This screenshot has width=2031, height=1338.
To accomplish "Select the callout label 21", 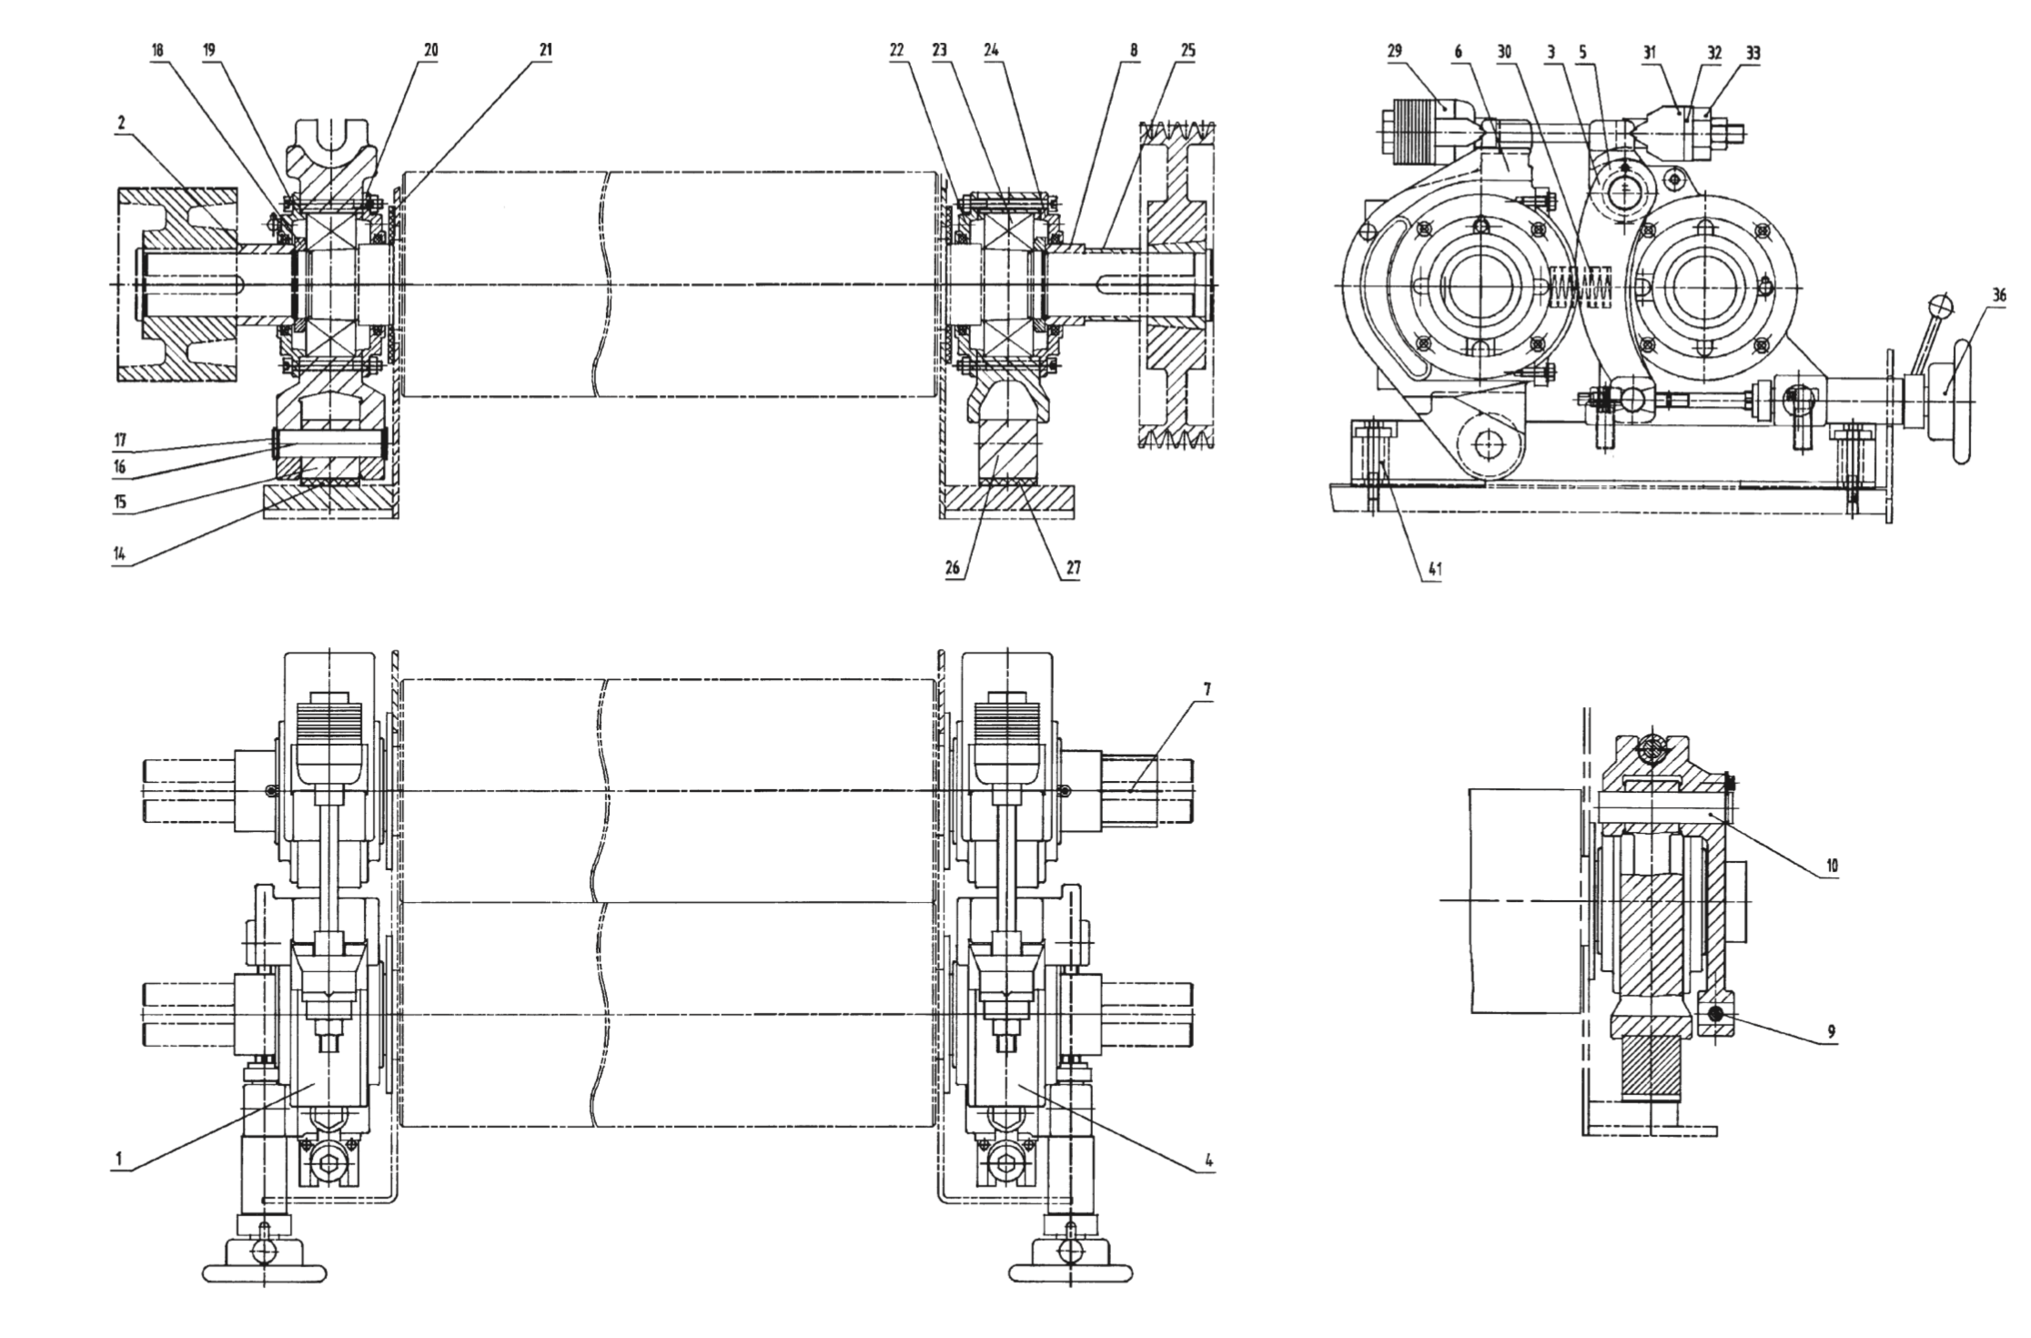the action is point(545,51).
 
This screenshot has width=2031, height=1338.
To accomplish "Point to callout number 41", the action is point(1434,569).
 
